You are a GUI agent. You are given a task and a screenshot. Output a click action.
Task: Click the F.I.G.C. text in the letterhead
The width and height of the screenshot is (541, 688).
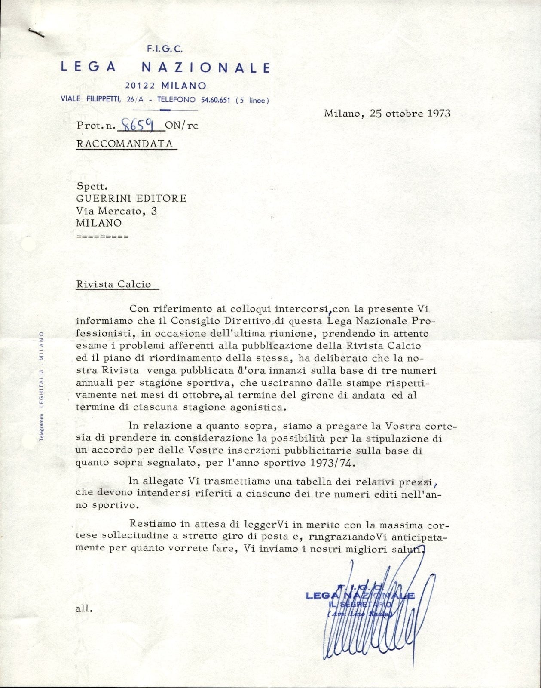[x=165, y=49]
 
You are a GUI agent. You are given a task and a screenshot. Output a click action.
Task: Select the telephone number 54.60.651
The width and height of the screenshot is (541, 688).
[x=215, y=100]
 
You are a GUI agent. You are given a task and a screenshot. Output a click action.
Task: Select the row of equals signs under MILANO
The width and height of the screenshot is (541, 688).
[x=102, y=236]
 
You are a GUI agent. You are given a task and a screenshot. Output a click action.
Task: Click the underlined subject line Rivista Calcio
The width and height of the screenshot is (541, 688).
[x=113, y=284]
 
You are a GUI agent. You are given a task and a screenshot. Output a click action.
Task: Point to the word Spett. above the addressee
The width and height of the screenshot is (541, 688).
[x=92, y=187]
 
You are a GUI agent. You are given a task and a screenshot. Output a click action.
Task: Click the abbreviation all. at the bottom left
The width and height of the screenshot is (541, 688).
[x=83, y=608]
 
